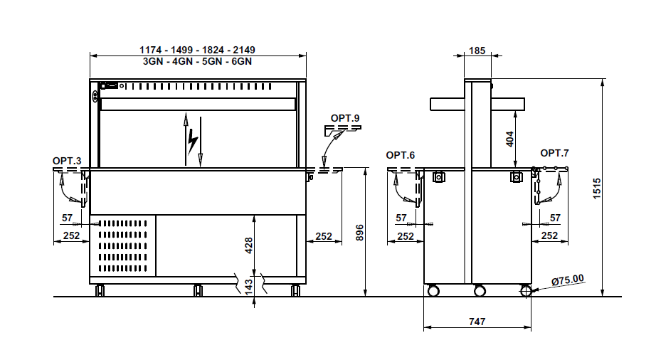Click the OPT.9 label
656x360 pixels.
coord(345,118)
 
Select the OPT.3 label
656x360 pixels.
coord(67,161)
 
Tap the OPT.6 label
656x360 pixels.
coord(401,156)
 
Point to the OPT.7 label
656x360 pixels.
coord(554,154)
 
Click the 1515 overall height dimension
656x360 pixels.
coord(597,189)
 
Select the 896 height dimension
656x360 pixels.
coord(360,233)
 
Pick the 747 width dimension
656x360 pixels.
coord(477,322)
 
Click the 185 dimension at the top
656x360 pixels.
coord(477,51)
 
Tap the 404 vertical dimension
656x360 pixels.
coord(510,139)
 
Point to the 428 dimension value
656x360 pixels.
coord(249,245)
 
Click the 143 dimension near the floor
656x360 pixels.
coord(249,287)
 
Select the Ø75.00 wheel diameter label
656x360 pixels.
coord(568,280)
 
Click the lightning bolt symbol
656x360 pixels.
coord(192,142)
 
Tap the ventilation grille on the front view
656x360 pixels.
coord(122,246)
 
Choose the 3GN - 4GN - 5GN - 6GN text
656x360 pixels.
coord(198,61)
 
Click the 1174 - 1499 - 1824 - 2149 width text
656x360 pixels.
coord(198,51)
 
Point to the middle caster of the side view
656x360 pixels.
coord(480,290)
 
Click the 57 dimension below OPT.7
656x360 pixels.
coord(555,218)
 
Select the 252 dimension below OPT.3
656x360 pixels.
coord(72,235)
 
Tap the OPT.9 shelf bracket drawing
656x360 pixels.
coord(343,130)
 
